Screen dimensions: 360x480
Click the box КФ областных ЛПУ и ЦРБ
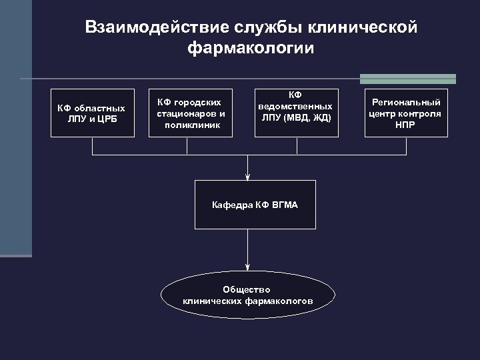coord(91,113)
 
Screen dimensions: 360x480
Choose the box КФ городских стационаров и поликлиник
coord(190,113)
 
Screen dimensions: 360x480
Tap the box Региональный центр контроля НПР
coord(406,113)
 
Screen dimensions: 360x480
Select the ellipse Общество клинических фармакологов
coord(247,295)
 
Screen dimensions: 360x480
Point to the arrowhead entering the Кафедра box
coord(248,177)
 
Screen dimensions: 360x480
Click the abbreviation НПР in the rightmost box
coord(406,124)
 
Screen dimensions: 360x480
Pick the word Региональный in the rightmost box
coord(406,102)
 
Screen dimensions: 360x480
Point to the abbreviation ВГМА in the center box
coord(285,205)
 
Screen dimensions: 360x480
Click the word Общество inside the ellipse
coord(247,289)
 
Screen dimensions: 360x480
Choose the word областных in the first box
coord(99,107)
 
